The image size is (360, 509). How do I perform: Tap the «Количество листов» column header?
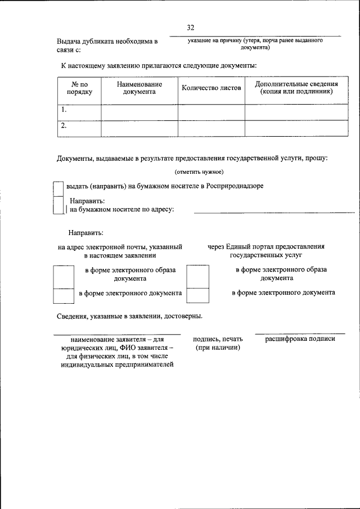click(211, 88)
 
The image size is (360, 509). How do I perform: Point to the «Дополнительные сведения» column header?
click(296, 88)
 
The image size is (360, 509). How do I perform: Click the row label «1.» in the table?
click(65, 110)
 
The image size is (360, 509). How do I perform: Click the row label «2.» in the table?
click(65, 126)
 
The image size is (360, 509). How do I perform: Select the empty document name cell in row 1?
click(139, 112)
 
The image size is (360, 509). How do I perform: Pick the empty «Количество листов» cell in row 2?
click(211, 128)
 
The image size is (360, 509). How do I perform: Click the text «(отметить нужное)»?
click(199, 172)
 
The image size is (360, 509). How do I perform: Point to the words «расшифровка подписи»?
click(300, 339)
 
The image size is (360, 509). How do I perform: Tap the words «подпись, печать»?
click(218, 339)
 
